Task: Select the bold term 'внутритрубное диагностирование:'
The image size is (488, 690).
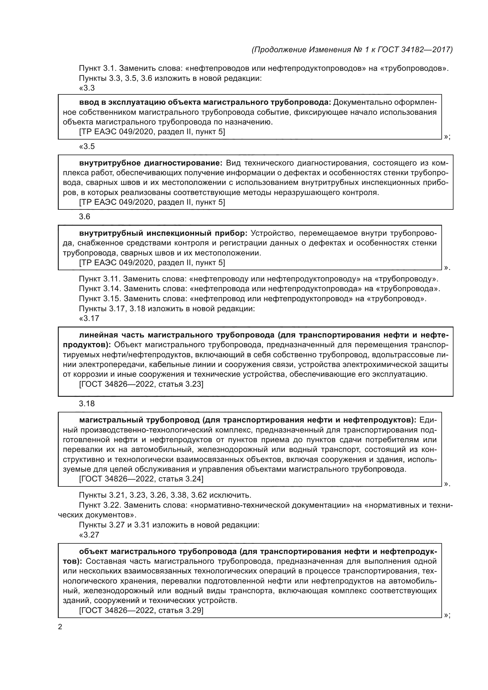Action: [x=150, y=163]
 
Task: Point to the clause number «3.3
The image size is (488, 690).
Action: [x=87, y=88]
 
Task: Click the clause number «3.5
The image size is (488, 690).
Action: [x=87, y=146]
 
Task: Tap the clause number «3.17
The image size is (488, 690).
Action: [x=89, y=318]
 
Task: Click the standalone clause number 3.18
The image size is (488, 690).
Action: [x=87, y=404]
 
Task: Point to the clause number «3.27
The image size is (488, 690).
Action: [x=89, y=535]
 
